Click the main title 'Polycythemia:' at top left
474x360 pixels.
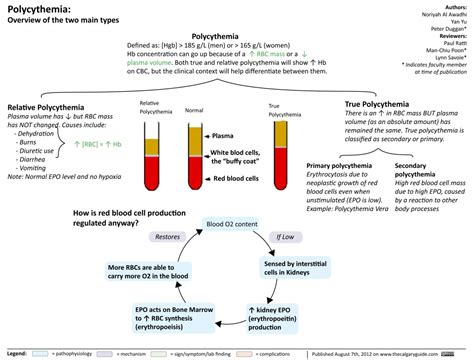(x=37, y=8)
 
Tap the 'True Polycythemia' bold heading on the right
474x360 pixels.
(x=381, y=104)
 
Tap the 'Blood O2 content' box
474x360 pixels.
(x=229, y=224)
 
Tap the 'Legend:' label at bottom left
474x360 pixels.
(x=17, y=353)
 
